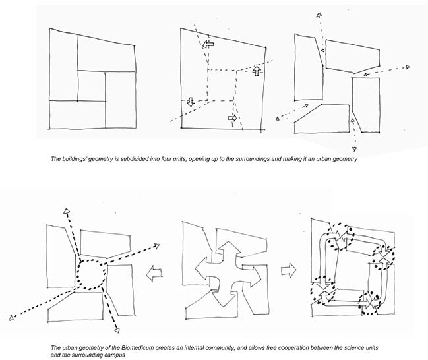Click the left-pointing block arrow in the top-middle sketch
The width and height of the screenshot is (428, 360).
pos(209,44)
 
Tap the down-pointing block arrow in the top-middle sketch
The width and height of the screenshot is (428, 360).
pos(191,102)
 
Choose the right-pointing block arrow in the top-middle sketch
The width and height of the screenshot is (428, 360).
pos(232,118)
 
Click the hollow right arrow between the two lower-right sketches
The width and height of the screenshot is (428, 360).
pos(288,270)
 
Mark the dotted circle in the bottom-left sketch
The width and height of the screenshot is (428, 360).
pos(90,271)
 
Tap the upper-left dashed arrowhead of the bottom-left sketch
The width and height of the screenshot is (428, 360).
pos(66,211)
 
